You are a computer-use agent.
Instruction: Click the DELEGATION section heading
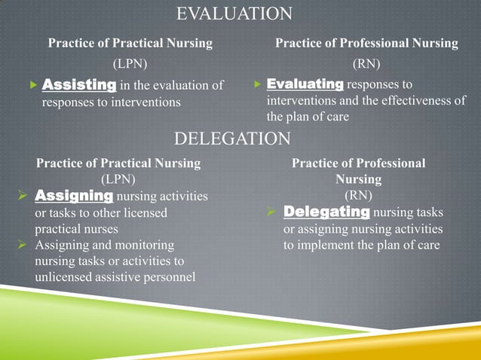pos(232,139)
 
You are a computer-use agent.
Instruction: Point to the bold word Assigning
pos(75,196)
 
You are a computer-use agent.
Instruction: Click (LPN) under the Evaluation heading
pos(130,63)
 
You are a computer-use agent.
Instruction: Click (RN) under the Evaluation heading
pos(366,63)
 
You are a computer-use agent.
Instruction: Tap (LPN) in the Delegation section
pos(118,179)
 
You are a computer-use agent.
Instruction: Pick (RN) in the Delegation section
pos(359,196)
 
